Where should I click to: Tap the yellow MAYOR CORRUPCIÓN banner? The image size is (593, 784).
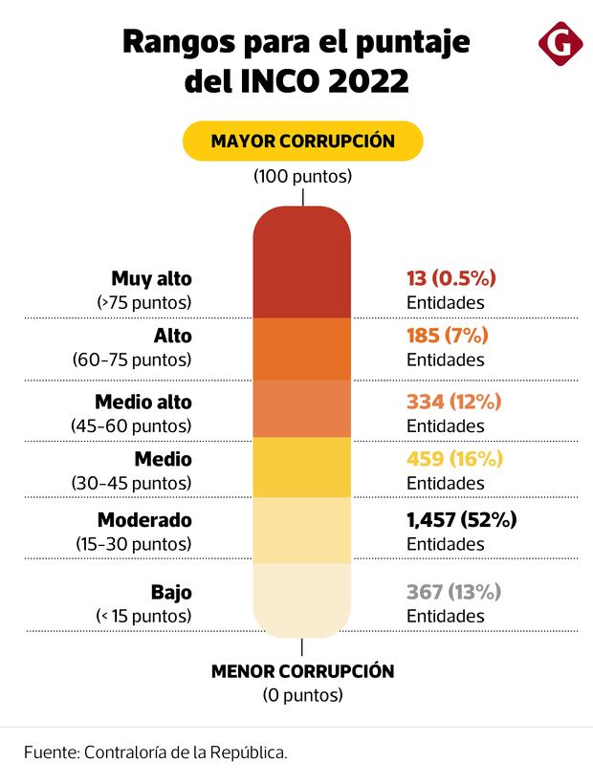click(x=302, y=141)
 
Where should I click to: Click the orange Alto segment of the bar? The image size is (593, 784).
click(x=302, y=349)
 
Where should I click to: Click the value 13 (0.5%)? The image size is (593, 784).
click(x=450, y=278)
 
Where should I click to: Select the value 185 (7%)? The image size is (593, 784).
click(x=447, y=336)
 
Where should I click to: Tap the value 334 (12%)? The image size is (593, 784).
click(x=454, y=401)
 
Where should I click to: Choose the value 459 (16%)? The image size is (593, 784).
click(x=454, y=459)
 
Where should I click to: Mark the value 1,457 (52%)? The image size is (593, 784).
click(x=462, y=520)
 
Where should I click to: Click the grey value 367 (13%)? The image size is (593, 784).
click(x=454, y=592)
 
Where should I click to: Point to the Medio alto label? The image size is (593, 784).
click(x=143, y=401)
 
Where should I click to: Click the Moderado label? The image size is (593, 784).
click(x=144, y=520)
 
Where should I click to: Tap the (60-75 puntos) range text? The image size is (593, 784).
click(x=132, y=360)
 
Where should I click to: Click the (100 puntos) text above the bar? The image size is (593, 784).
click(x=302, y=177)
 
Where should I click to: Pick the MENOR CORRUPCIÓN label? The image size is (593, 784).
click(x=302, y=671)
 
